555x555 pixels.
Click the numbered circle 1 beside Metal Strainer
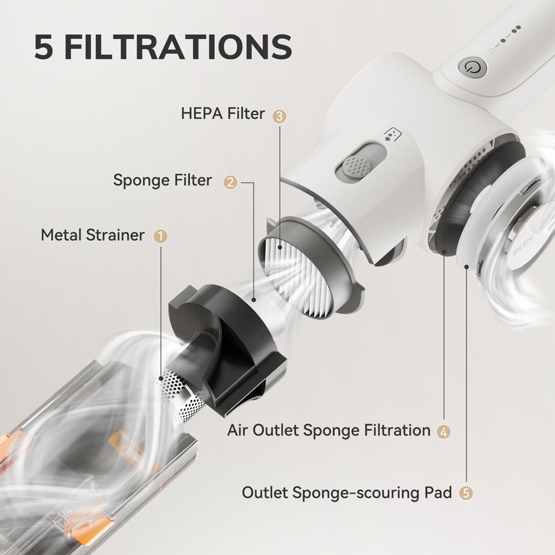coord(161,236)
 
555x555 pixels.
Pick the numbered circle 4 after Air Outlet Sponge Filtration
coord(443,431)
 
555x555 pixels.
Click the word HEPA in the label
coord(201,114)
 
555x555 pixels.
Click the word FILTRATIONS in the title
coord(178,47)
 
